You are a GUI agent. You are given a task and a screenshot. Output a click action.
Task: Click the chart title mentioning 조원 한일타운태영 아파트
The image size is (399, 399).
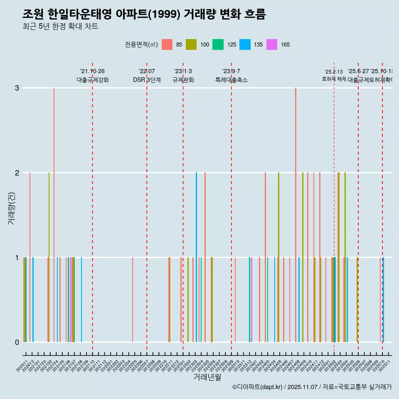pos(144,15)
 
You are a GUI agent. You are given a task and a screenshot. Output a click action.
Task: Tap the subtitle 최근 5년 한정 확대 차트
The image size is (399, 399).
pos(60,27)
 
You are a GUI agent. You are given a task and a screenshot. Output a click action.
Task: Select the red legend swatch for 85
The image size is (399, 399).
pos(167,44)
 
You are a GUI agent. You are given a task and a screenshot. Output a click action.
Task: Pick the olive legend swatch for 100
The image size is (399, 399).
pos(191,44)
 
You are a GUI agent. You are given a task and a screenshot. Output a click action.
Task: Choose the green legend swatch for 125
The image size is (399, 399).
pos(218,44)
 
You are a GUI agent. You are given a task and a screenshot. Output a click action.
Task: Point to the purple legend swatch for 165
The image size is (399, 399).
pos(272,44)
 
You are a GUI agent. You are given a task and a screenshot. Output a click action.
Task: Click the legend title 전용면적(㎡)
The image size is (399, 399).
pos(141,44)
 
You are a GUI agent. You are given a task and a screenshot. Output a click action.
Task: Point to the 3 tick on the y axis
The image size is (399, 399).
pos(17,88)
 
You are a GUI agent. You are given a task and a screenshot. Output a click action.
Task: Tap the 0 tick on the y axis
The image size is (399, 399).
pos(17,342)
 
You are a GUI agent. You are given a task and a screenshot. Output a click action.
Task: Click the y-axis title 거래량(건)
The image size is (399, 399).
pos(11,215)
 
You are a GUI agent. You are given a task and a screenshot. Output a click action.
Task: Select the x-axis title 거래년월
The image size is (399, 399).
pos(207,377)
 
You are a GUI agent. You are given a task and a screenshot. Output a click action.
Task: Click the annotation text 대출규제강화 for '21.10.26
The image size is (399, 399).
pos(92,80)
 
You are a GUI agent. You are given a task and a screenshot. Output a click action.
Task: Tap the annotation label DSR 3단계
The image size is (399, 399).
pos(147,80)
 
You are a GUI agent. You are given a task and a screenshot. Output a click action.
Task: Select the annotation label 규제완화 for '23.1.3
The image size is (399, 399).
pos(183,80)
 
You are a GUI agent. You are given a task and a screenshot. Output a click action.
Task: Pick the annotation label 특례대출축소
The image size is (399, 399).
pos(231,80)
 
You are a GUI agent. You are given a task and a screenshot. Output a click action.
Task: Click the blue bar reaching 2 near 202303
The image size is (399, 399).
pos(196,257)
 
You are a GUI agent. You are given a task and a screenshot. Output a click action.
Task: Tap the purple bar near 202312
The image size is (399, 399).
pos(251,300)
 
